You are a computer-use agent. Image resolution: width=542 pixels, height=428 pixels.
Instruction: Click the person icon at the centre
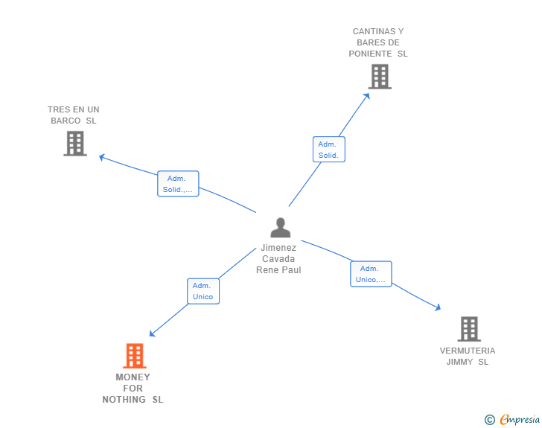[280, 228]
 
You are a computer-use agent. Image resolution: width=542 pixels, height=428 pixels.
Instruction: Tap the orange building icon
[134, 356]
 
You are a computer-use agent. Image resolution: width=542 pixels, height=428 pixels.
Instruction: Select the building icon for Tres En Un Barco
[75, 143]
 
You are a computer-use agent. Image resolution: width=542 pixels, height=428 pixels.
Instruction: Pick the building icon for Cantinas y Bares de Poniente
[380, 77]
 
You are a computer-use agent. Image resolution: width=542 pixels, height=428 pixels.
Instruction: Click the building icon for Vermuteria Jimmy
[468, 328]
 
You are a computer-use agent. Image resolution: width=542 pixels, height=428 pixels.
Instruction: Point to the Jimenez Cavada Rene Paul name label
[278, 259]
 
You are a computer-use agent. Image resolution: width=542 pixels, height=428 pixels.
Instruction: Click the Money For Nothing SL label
[133, 389]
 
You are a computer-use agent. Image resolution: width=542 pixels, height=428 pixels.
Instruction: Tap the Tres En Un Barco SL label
[73, 115]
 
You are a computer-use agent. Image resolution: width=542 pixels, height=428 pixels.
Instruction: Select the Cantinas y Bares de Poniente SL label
[378, 42]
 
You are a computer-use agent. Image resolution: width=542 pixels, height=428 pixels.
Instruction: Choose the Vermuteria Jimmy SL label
[468, 357]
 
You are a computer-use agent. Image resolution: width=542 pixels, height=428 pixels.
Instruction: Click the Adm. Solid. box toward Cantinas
[328, 150]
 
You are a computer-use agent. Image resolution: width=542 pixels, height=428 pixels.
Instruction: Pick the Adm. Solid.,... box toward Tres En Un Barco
[178, 184]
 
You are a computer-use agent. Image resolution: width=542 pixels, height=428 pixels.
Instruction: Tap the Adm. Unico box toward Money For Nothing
[203, 291]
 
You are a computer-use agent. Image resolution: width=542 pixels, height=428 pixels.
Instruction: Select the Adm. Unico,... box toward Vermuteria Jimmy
[371, 274]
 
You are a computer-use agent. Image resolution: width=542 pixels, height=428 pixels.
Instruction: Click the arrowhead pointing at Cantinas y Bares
[367, 95]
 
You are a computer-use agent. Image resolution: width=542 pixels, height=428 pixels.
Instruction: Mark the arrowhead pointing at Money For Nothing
[152, 334]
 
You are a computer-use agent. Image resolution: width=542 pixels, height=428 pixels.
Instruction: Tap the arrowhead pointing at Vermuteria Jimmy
[439, 307]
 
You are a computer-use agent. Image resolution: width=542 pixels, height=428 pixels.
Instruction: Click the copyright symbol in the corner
[489, 420]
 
